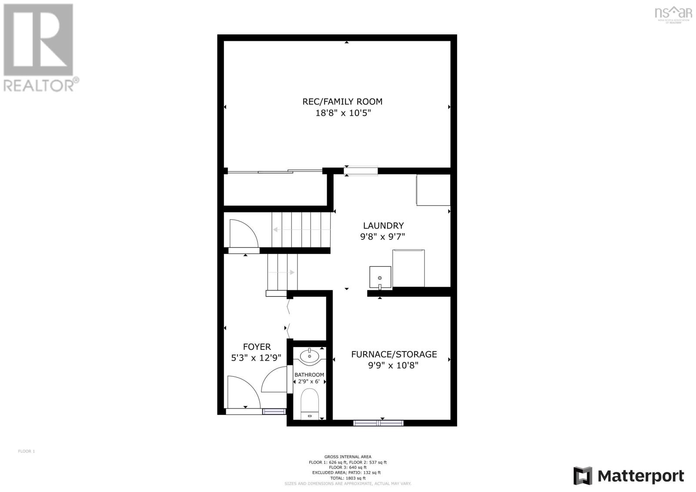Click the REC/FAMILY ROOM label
pyautogui.click(x=342, y=102)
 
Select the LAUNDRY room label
pyautogui.click(x=383, y=226)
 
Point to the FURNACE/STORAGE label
pyautogui.click(x=394, y=355)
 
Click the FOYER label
pyautogui.click(x=257, y=347)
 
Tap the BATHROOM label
pyautogui.click(x=309, y=375)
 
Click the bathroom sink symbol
pyautogui.click(x=309, y=356)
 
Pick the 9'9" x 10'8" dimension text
pyautogui.click(x=393, y=366)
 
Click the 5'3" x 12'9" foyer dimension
pyautogui.click(x=257, y=358)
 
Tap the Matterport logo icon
pyautogui.click(x=583, y=475)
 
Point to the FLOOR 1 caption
pyautogui.click(x=26, y=451)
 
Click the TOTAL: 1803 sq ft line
pyautogui.click(x=348, y=478)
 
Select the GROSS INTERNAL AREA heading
pyautogui.click(x=348, y=457)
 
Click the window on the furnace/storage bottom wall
pyautogui.click(x=378, y=423)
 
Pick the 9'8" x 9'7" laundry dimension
pyautogui.click(x=383, y=237)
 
